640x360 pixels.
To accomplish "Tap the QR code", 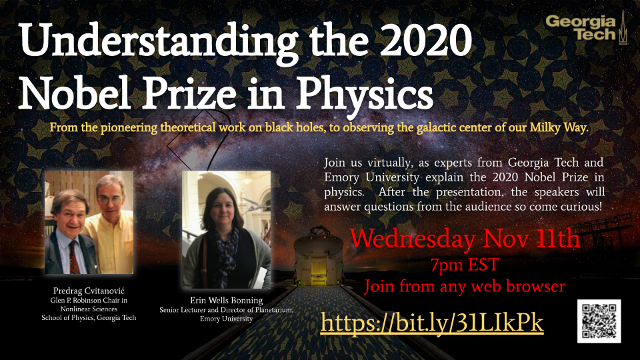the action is pos(599,321).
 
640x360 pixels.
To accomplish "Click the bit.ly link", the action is pos(432,323).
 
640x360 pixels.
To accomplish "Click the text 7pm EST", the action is pos(465,265).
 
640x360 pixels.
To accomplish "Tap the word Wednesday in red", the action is pos(413,239).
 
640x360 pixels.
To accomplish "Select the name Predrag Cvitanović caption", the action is pos(89,291).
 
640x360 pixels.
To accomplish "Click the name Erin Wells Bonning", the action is pos(226,301).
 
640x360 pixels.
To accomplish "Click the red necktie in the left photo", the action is pos(74,257).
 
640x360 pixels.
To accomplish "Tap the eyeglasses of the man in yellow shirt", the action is pos(110,199).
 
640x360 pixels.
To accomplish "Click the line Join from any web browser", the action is pos(465,286).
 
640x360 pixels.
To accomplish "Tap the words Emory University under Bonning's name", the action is pos(226,319).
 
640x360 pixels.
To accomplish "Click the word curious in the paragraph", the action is pos(581,207).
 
